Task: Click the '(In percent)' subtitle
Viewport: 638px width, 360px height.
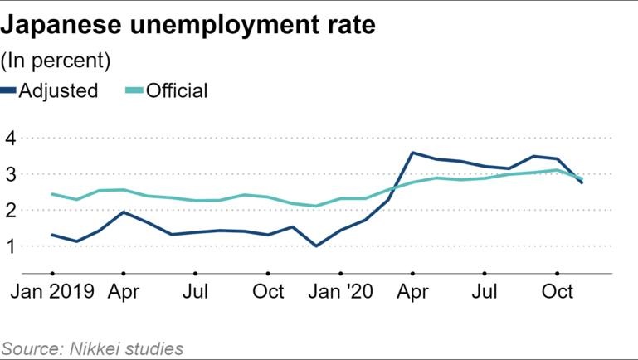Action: point(56,61)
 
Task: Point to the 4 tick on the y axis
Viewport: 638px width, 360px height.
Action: point(11,138)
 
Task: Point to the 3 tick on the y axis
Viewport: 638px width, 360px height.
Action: point(11,174)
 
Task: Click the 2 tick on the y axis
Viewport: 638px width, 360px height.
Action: point(11,211)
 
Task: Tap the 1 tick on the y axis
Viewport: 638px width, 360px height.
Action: point(11,246)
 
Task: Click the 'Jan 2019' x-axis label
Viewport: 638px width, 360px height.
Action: point(52,292)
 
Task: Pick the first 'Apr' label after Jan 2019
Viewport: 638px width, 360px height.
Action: point(124,292)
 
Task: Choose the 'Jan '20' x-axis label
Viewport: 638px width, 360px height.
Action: point(340,292)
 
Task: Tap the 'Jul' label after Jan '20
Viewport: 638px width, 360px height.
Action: point(485,292)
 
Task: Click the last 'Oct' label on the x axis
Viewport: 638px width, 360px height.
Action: point(557,292)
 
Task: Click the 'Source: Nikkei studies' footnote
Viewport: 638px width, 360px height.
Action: point(92,348)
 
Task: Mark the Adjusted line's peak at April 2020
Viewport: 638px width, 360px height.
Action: point(412,153)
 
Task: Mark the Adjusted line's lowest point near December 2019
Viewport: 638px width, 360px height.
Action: point(315,246)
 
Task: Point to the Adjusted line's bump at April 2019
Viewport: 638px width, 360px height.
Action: point(124,212)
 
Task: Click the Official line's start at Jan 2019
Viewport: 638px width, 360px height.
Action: point(52,194)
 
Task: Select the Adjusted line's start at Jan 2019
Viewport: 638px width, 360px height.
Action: point(52,235)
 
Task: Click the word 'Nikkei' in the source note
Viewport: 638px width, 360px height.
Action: point(101,348)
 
